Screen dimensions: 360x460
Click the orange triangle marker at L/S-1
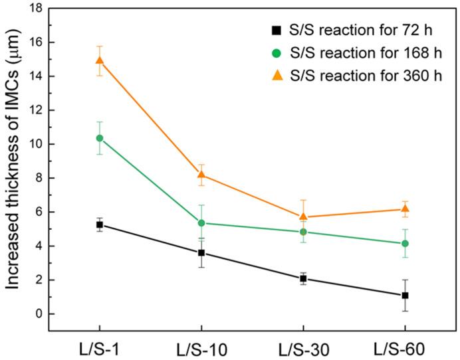point(100,60)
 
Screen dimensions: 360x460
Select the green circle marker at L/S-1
point(100,138)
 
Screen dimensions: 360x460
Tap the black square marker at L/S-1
point(100,225)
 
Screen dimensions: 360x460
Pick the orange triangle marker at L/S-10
point(201,175)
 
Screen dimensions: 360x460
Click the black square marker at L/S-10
point(201,253)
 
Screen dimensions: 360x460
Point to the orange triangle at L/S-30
point(303,217)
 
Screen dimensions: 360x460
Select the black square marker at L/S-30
point(303,279)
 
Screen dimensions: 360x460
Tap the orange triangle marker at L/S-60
point(405,209)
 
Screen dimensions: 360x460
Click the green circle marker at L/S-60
point(405,244)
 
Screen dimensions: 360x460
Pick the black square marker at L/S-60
point(405,295)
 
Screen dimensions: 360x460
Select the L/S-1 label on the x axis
point(100,348)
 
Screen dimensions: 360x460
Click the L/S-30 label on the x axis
point(303,348)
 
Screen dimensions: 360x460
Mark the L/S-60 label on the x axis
point(405,348)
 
